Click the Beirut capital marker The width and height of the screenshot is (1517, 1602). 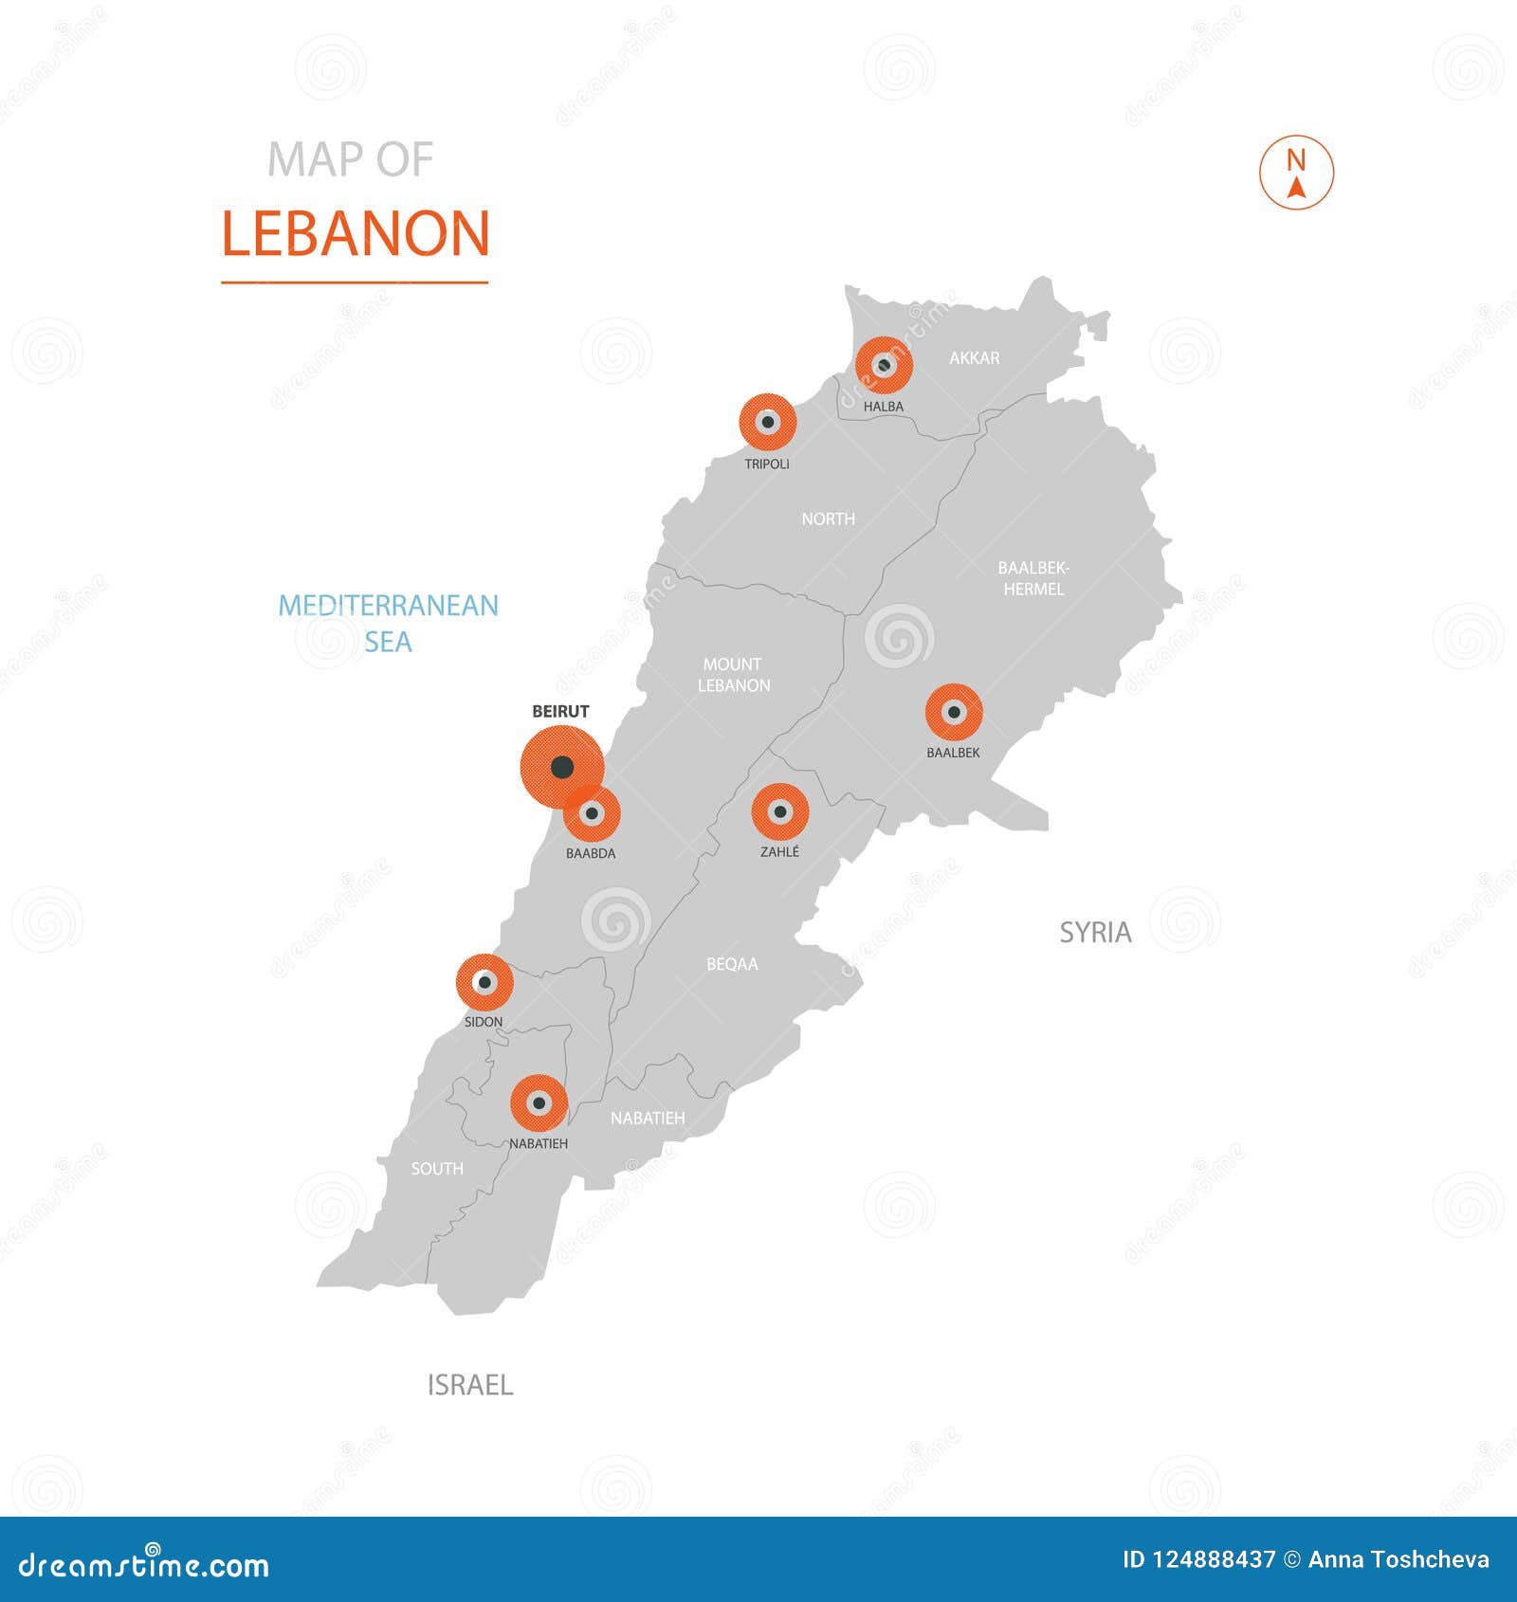[x=562, y=766]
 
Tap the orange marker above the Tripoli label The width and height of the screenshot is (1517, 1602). [x=767, y=422]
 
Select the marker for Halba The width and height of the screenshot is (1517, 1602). [x=884, y=365]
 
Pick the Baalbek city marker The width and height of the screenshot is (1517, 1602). [x=954, y=712]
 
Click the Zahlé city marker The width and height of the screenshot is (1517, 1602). [x=780, y=811]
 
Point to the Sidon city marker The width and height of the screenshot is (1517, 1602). [x=484, y=982]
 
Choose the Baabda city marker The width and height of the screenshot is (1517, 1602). [x=593, y=813]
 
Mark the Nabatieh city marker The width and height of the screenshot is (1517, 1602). [x=539, y=1103]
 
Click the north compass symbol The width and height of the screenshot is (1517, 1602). [x=1296, y=173]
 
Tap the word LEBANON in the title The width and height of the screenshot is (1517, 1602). [x=356, y=234]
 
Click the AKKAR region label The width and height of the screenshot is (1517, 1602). [x=974, y=358]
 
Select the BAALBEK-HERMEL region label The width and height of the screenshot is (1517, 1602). [x=1033, y=578]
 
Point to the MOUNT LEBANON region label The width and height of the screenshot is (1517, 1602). [x=733, y=675]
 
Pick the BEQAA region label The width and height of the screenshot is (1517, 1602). [x=732, y=964]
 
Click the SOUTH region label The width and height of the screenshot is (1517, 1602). [x=437, y=1169]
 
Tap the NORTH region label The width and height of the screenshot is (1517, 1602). [x=828, y=519]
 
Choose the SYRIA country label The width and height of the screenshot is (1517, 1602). [x=1095, y=933]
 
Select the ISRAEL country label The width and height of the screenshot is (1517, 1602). [x=469, y=1385]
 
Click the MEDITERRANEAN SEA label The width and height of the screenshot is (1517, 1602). [x=388, y=624]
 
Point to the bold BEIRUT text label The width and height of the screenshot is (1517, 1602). [x=560, y=711]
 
